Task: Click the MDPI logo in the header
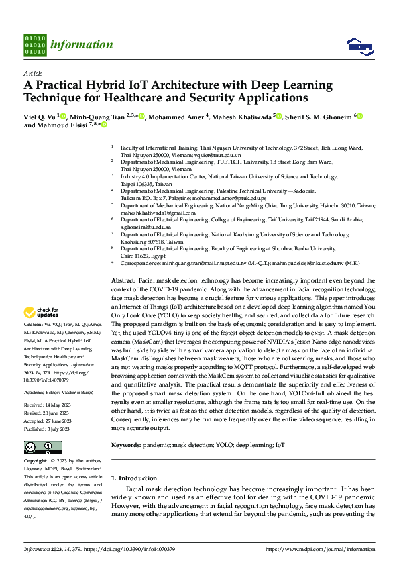[359, 46]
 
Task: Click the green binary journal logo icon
[35, 45]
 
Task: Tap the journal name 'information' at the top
[82, 45]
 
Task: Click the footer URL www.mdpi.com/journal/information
[320, 549]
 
